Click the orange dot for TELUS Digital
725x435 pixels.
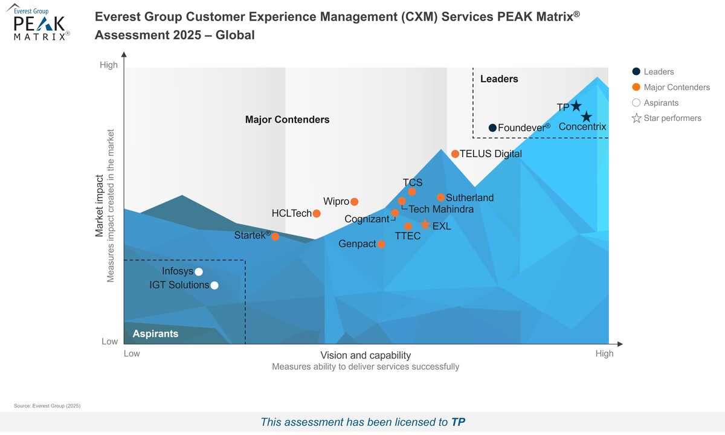pyautogui.click(x=455, y=154)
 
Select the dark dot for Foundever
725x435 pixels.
pyautogui.click(x=492, y=127)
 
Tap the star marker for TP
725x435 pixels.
pyautogui.click(x=576, y=106)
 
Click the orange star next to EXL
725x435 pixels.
pyautogui.click(x=425, y=225)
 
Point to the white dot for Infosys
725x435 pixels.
pyautogui.click(x=199, y=272)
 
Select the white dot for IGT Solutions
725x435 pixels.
pyautogui.click(x=214, y=286)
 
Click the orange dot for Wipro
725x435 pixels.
pyautogui.click(x=355, y=202)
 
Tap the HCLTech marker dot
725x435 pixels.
pyautogui.click(x=317, y=213)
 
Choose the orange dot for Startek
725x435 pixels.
pyautogui.click(x=275, y=236)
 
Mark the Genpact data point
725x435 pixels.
pyautogui.click(x=381, y=244)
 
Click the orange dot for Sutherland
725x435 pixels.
pyautogui.click(x=440, y=198)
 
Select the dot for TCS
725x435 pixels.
pyautogui.click(x=412, y=192)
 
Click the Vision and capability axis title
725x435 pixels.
pyautogui.click(x=366, y=355)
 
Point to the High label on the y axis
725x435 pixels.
pyautogui.click(x=109, y=65)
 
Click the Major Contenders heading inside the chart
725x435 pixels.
pyautogui.click(x=287, y=120)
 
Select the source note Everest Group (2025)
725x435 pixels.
pyautogui.click(x=47, y=406)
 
